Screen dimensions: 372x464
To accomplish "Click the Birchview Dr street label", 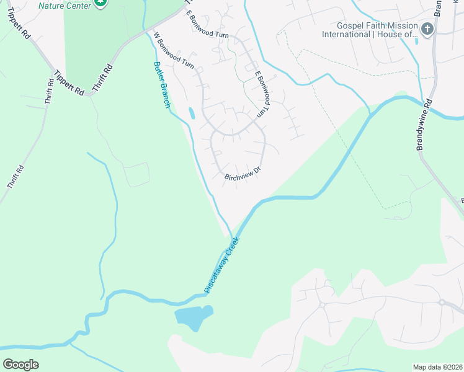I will [x=241, y=177].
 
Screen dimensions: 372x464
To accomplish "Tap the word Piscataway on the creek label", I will [x=215, y=273].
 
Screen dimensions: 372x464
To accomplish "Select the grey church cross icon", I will [x=427, y=29].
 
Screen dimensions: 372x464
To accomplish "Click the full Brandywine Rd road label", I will [x=426, y=127].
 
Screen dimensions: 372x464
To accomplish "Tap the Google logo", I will [x=20, y=364].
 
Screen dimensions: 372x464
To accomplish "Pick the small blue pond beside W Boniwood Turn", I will [x=191, y=113].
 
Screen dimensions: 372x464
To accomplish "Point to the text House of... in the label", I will [x=396, y=35].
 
